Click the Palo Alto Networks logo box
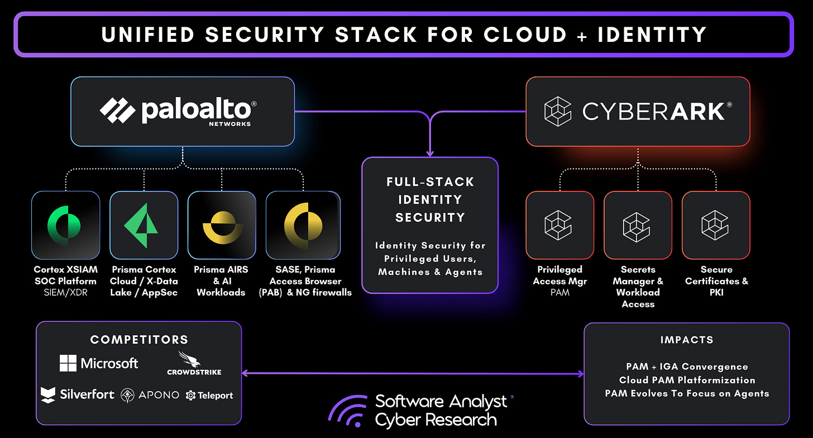(x=183, y=112)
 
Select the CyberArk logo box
(x=638, y=112)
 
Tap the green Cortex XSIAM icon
(x=66, y=225)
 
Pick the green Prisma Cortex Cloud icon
(x=144, y=225)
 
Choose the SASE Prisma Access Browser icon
(x=303, y=225)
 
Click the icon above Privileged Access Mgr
(x=559, y=225)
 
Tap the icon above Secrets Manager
(x=638, y=225)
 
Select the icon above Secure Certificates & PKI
(x=716, y=225)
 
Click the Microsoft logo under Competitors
(x=99, y=364)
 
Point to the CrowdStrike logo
(x=194, y=363)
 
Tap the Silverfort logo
(x=78, y=394)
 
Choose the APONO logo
(x=150, y=395)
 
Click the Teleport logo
(x=209, y=395)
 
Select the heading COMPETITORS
(x=139, y=340)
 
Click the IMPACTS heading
(x=686, y=340)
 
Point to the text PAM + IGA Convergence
(x=686, y=367)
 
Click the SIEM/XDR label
(x=65, y=292)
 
